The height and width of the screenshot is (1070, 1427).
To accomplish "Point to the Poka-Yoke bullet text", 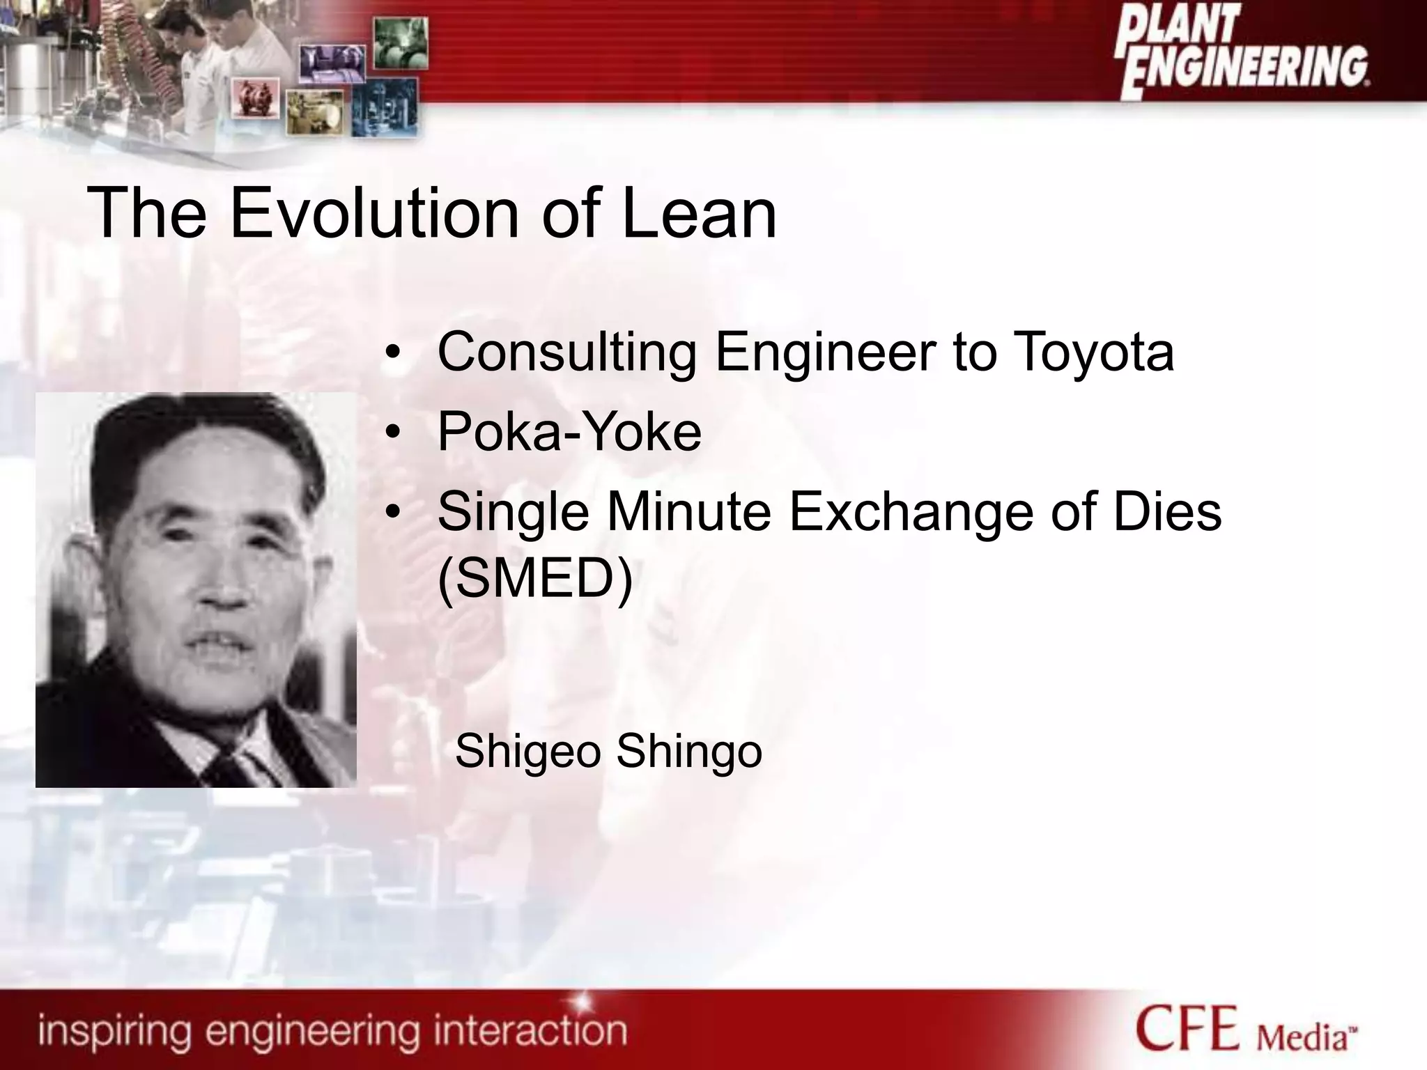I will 569,433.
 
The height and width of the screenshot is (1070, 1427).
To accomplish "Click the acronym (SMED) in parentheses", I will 535,578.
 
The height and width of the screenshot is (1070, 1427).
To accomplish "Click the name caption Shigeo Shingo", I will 608,752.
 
